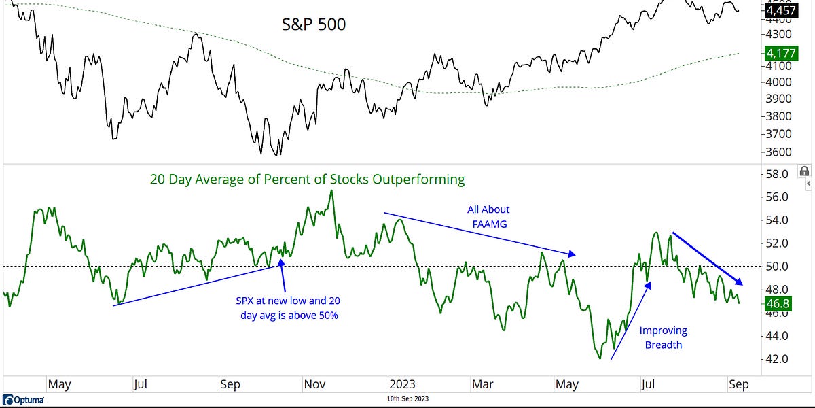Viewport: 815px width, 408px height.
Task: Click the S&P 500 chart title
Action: [314, 24]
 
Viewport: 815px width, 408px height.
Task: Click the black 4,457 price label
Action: [781, 11]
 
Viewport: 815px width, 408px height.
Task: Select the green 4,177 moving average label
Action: [781, 52]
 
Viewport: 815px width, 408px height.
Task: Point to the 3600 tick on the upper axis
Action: [776, 152]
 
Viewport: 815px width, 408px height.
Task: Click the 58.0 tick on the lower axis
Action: [776, 174]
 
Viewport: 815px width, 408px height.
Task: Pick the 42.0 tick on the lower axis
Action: [776, 358]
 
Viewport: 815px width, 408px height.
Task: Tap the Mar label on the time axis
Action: [482, 384]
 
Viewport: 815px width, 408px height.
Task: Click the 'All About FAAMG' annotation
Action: [488, 216]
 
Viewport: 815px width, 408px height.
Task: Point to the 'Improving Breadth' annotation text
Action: [664, 337]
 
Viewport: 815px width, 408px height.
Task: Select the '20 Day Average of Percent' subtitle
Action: [307, 180]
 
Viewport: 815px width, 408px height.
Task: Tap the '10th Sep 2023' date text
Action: [406, 399]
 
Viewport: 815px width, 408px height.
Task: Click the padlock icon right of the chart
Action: [804, 171]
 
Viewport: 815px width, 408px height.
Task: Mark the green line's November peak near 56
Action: [331, 190]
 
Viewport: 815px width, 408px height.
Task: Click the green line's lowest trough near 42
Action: [599, 358]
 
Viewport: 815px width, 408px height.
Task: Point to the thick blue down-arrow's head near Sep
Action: [741, 282]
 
